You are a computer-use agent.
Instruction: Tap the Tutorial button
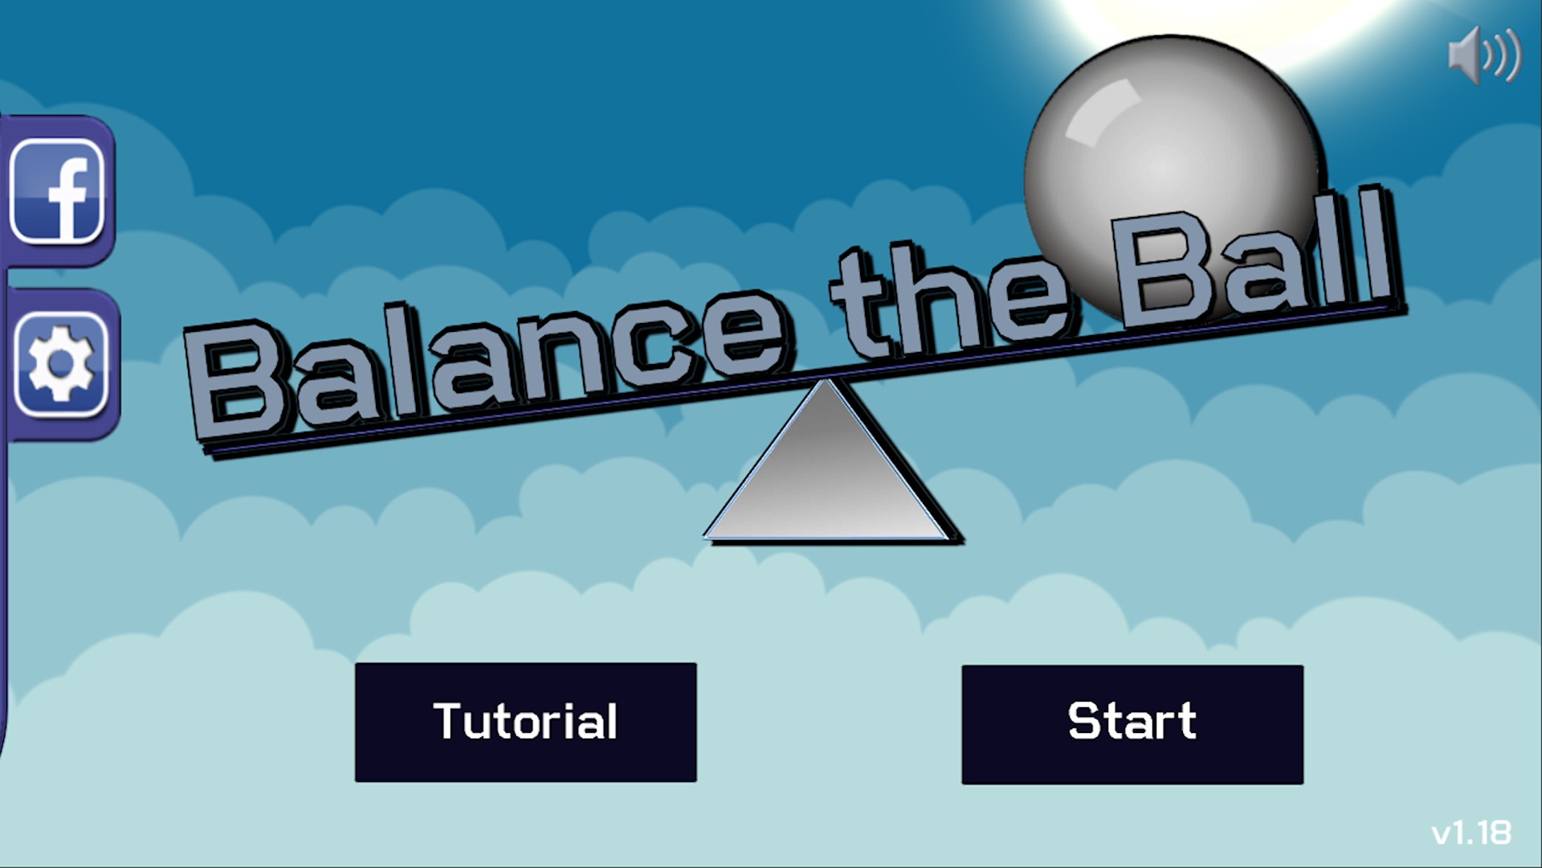(x=525, y=722)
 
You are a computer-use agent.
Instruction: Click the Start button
(x=1132, y=724)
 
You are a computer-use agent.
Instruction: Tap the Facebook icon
(x=58, y=191)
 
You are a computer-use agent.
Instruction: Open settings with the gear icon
(x=61, y=364)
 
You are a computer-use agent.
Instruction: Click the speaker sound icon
(x=1484, y=55)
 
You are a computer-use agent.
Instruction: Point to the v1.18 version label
(x=1471, y=833)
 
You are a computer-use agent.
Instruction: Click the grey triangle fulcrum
(x=827, y=466)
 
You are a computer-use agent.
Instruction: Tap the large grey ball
(x=1173, y=173)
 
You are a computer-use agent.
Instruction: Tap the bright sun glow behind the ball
(x=1253, y=24)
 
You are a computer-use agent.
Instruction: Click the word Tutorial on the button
(x=525, y=721)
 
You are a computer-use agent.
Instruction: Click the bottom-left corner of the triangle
(x=705, y=537)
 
